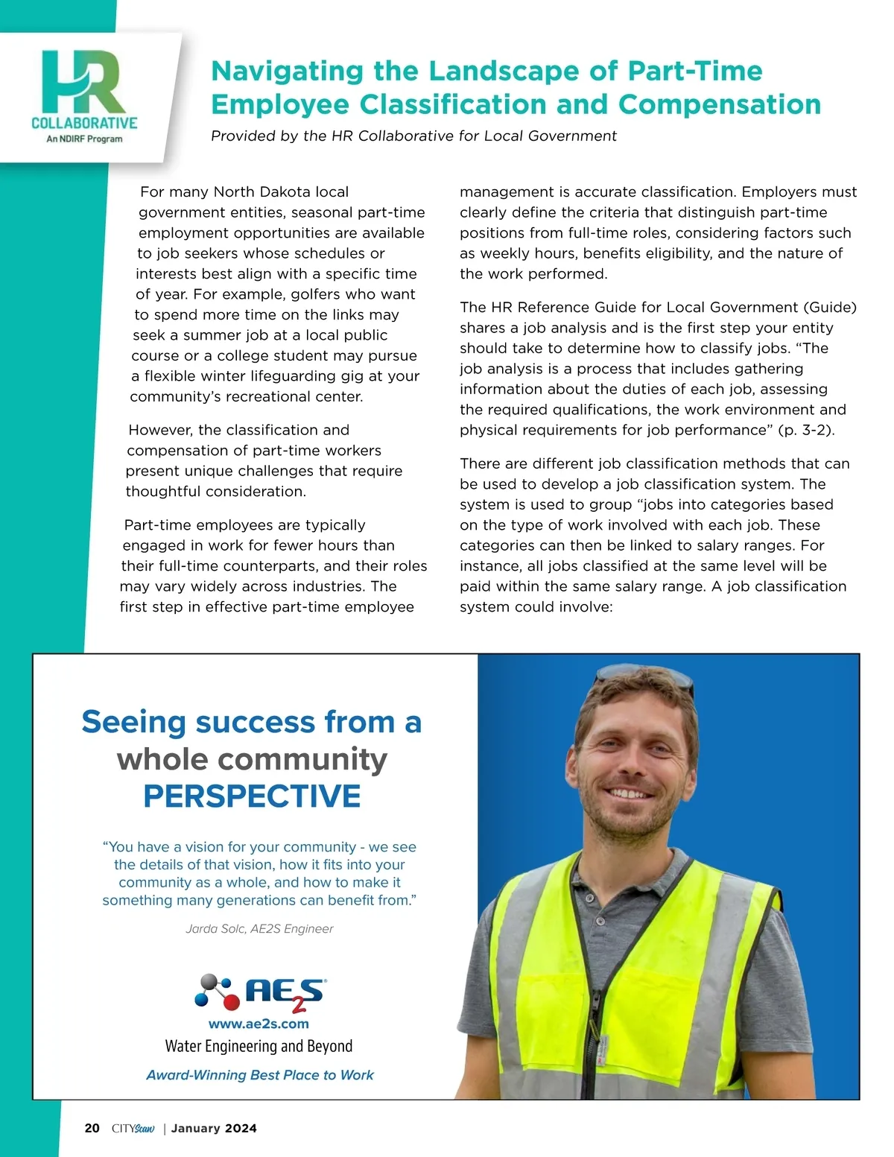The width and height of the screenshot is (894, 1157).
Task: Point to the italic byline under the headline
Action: (x=413, y=136)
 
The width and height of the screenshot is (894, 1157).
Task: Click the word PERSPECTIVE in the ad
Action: (x=252, y=796)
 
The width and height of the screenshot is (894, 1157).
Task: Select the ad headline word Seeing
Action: (x=134, y=722)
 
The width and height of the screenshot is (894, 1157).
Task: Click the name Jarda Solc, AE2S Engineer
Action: (x=259, y=929)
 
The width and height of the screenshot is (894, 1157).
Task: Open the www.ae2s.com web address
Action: (x=259, y=1024)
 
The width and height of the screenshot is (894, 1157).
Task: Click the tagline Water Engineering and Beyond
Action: (x=259, y=1047)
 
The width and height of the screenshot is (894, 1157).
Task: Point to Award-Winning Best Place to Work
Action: (x=259, y=1075)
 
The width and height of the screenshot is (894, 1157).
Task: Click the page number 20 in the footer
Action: (x=92, y=1129)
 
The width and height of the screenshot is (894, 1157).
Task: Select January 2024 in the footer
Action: (x=214, y=1129)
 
